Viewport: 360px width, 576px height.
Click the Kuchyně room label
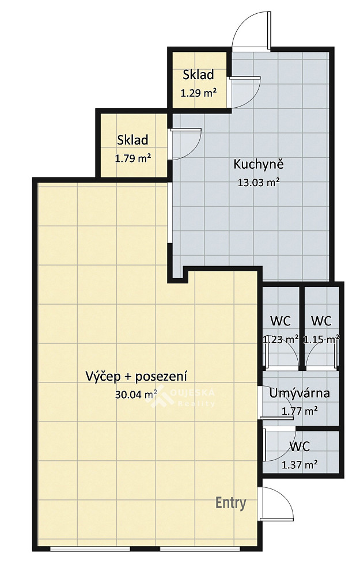[259, 164]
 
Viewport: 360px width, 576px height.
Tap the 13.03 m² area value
[259, 182]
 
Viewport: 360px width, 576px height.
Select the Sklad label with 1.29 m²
[198, 74]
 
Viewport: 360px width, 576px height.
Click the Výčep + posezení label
[137, 377]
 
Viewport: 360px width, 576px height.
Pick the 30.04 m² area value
[137, 394]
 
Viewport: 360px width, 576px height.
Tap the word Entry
[231, 503]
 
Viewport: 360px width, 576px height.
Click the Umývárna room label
[300, 393]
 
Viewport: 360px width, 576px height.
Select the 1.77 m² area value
[300, 411]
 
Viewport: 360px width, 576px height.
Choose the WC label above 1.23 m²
[281, 321]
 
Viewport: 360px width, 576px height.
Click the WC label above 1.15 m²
[321, 321]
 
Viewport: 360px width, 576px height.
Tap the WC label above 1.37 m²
[300, 446]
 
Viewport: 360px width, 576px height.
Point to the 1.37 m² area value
[300, 465]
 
